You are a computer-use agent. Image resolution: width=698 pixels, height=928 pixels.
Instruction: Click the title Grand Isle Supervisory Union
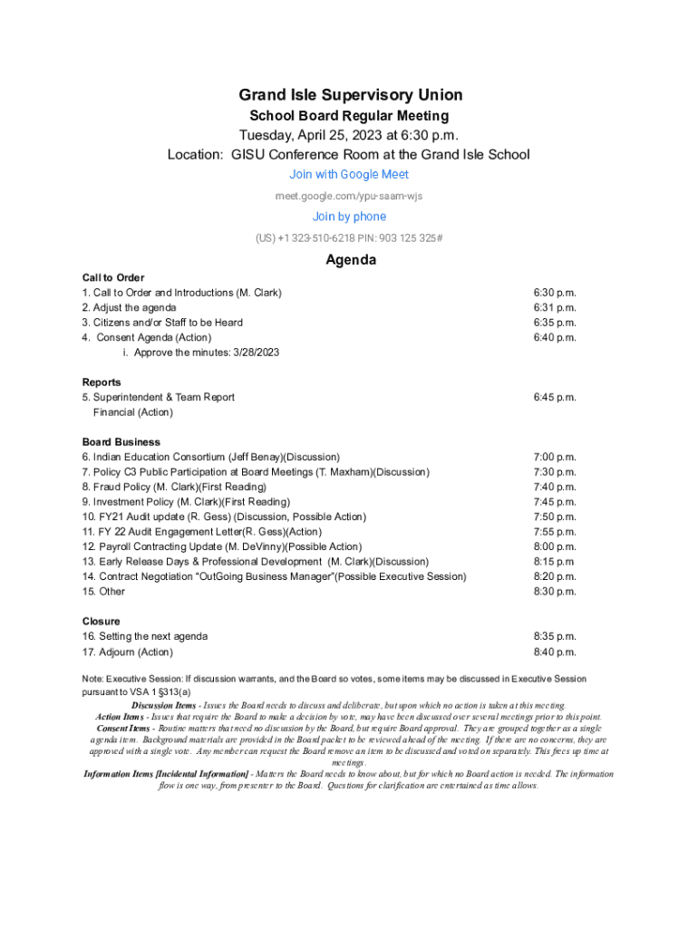tap(350, 95)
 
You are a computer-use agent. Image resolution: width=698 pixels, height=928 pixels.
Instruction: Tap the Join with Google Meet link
tap(349, 174)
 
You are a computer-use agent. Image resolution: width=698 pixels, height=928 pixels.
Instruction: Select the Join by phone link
tap(349, 217)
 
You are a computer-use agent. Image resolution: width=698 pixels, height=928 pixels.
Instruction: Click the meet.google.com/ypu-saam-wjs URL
tap(349, 196)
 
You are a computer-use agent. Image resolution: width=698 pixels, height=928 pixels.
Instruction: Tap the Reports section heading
tap(102, 382)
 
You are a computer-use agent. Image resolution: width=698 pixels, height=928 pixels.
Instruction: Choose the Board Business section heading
tap(121, 442)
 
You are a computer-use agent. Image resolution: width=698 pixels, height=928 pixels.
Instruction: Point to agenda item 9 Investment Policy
tap(186, 502)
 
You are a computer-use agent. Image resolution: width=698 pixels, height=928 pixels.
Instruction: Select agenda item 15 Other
tap(103, 592)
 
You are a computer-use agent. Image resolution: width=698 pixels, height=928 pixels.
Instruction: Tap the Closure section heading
tap(101, 622)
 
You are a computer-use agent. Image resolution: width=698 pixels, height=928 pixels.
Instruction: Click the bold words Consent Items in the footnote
tap(123, 729)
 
